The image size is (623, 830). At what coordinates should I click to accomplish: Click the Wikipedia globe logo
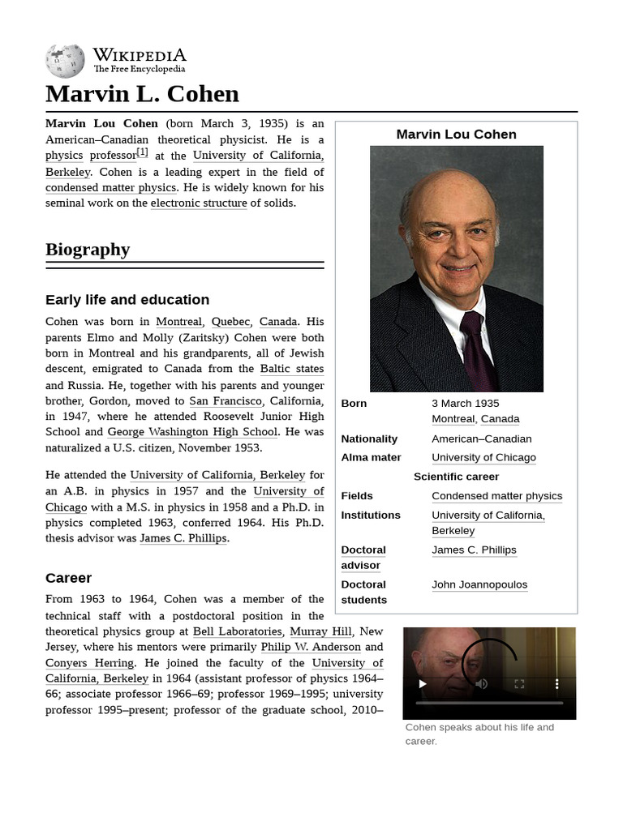(x=65, y=61)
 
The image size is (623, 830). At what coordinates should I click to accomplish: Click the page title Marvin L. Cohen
(x=142, y=94)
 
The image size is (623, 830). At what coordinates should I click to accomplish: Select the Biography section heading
(x=88, y=249)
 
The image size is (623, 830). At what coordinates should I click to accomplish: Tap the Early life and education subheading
(x=127, y=299)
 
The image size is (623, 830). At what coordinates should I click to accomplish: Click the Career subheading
(x=68, y=578)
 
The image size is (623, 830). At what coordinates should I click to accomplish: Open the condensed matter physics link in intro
(x=110, y=187)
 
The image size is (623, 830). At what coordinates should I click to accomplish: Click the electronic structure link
(x=199, y=203)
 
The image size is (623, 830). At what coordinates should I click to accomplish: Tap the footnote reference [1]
(x=142, y=152)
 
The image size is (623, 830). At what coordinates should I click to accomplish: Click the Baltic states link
(x=292, y=369)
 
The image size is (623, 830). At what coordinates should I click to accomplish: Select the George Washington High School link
(x=192, y=432)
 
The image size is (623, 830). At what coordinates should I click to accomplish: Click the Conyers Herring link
(x=89, y=663)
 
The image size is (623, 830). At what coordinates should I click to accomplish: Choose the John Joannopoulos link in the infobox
(x=479, y=584)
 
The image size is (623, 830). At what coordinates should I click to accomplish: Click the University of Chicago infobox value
(x=483, y=457)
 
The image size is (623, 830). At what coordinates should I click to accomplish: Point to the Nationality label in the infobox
(x=369, y=439)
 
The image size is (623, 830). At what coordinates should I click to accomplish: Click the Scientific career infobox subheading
(x=456, y=477)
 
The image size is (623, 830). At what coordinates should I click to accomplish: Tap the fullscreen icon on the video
(x=519, y=684)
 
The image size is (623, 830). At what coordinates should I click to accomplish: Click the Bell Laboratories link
(x=238, y=631)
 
